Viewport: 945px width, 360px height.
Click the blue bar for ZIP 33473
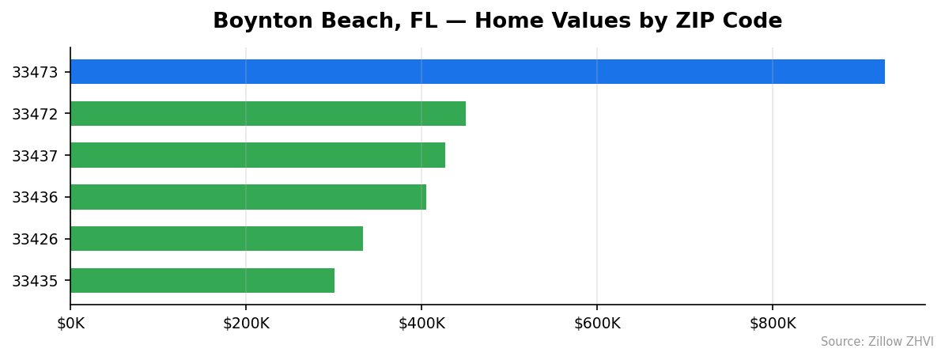point(477,72)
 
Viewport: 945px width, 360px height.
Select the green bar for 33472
point(267,114)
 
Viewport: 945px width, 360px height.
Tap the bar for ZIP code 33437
point(257,155)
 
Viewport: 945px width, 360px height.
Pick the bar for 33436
point(248,197)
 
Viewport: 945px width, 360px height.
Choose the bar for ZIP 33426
point(216,239)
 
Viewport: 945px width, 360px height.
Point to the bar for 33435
point(202,281)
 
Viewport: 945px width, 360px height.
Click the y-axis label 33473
point(35,73)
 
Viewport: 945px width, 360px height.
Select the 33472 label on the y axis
point(35,115)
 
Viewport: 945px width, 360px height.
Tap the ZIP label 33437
point(35,156)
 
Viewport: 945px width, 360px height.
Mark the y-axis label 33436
point(35,198)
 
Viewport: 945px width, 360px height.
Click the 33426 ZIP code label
point(35,240)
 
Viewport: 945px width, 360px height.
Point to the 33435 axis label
point(35,282)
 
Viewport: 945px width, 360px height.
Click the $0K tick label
point(70,324)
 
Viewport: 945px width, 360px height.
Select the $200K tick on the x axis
point(246,324)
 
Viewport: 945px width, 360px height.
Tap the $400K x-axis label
point(421,324)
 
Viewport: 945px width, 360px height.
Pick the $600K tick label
point(597,324)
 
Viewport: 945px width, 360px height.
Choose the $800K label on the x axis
point(773,324)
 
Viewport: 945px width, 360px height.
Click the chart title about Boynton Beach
point(497,21)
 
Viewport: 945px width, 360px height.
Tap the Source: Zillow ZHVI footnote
point(876,343)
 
